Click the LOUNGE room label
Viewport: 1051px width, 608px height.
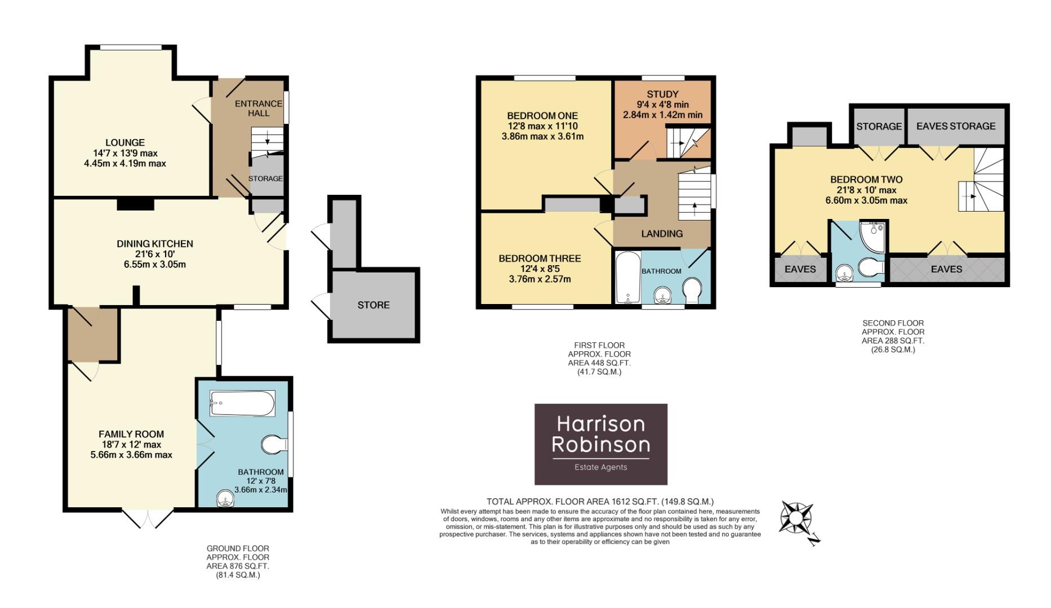[x=124, y=143]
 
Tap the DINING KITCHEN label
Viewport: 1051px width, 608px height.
[x=155, y=244]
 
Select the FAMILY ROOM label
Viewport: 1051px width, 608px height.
[x=131, y=434]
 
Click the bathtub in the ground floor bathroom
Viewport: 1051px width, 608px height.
[x=242, y=404]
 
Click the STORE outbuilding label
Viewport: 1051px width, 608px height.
[x=373, y=305]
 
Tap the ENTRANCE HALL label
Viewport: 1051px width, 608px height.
[x=259, y=108]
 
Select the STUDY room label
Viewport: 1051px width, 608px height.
[x=662, y=94]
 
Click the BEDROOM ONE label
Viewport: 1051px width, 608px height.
[x=542, y=116]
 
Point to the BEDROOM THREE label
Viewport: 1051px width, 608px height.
[x=540, y=259]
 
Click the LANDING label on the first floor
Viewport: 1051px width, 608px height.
[x=662, y=234]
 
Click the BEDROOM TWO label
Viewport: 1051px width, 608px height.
[x=866, y=180]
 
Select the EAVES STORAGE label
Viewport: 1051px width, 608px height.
[x=955, y=126]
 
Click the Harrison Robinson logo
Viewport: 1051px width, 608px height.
[x=600, y=444]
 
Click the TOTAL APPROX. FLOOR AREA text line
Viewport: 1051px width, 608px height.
[x=600, y=502]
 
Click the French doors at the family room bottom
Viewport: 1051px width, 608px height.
[x=148, y=518]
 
